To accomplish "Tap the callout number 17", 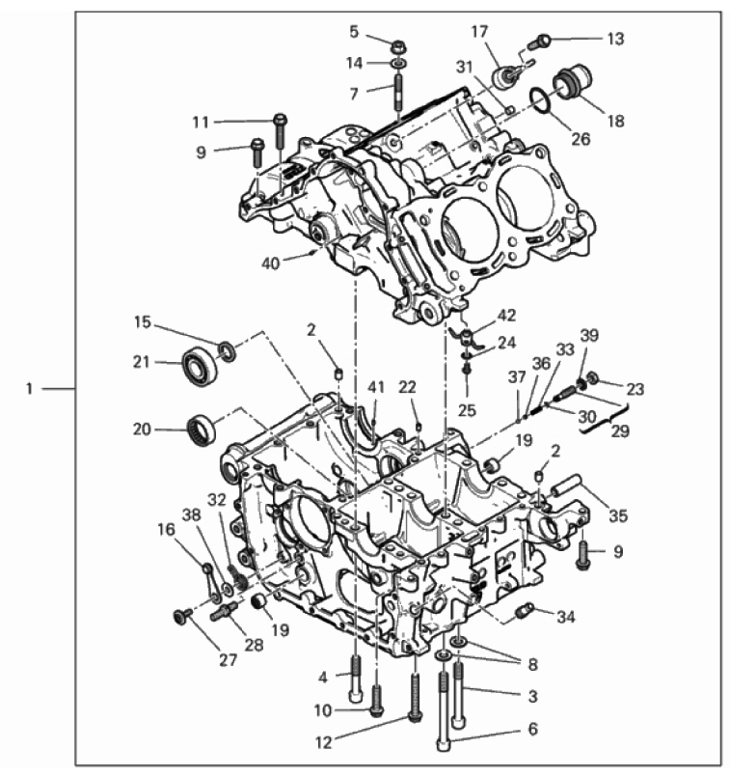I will (480, 32).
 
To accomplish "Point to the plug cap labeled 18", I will (570, 84).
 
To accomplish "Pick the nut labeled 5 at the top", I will (398, 45).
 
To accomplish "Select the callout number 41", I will (376, 387).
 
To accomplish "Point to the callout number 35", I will (617, 516).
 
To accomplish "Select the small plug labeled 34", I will (526, 610).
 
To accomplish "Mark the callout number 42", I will (506, 314).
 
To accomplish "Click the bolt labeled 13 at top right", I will (544, 41).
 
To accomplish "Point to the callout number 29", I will (620, 431).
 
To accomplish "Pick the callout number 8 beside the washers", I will (532, 664).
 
